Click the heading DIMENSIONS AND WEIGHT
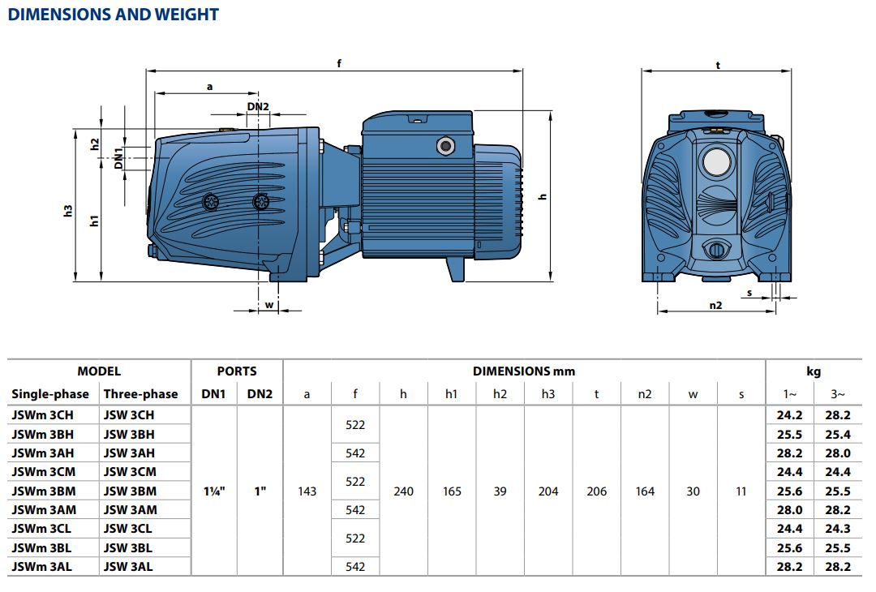pyautogui.click(x=114, y=15)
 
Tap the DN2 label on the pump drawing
pyautogui.click(x=258, y=107)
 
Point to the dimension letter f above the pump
pyautogui.click(x=339, y=63)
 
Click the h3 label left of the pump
pyautogui.click(x=68, y=211)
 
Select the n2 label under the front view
pyautogui.click(x=715, y=305)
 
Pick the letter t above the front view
pyautogui.click(x=718, y=65)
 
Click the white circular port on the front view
pyautogui.click(x=716, y=162)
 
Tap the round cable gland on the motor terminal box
pyautogui.click(x=445, y=146)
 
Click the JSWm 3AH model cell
pyautogui.click(x=43, y=453)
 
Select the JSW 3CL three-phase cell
pyautogui.click(x=127, y=528)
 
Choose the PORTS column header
pyautogui.click(x=237, y=371)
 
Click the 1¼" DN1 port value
pyautogui.click(x=214, y=491)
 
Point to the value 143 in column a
pyautogui.click(x=307, y=491)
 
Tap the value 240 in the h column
pyautogui.click(x=403, y=491)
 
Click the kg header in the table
pyautogui.click(x=814, y=372)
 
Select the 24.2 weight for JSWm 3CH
pyautogui.click(x=789, y=415)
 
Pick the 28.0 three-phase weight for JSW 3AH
pyautogui.click(x=837, y=453)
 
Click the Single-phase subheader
pyautogui.click(x=50, y=394)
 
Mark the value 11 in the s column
pyautogui.click(x=741, y=491)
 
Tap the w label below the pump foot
pyautogui.click(x=269, y=305)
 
